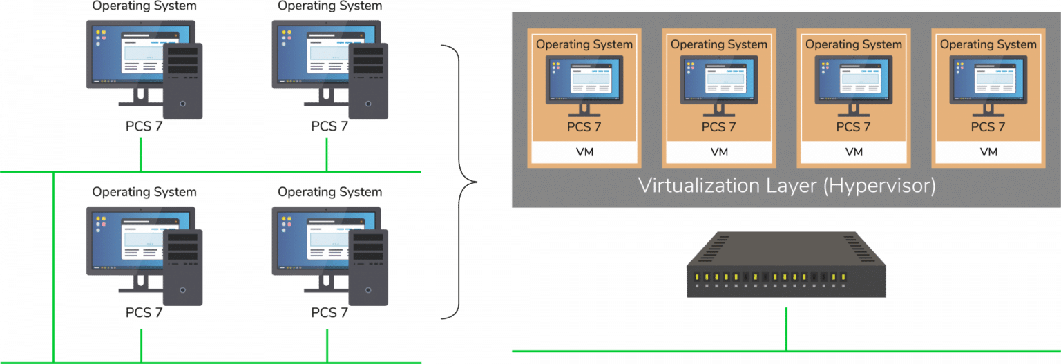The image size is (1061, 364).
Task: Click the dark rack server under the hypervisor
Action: tap(786, 267)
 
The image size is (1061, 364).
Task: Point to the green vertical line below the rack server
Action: tap(786, 328)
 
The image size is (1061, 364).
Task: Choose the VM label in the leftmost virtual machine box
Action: tap(584, 152)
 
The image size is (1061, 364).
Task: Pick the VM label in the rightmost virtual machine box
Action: tap(988, 152)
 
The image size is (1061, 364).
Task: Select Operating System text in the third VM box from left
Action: tap(854, 44)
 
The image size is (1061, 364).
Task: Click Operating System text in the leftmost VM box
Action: tap(584, 44)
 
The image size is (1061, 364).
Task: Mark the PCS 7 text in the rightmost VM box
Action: tap(988, 127)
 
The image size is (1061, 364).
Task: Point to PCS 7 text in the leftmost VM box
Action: tap(584, 127)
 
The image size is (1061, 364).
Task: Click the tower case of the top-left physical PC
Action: tap(183, 82)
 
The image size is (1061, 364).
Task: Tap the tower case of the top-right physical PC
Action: tap(368, 82)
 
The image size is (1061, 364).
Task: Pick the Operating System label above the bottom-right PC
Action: tap(329, 191)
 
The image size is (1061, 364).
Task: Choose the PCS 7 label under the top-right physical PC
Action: tap(329, 126)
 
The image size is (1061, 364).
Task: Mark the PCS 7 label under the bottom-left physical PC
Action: tap(144, 312)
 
